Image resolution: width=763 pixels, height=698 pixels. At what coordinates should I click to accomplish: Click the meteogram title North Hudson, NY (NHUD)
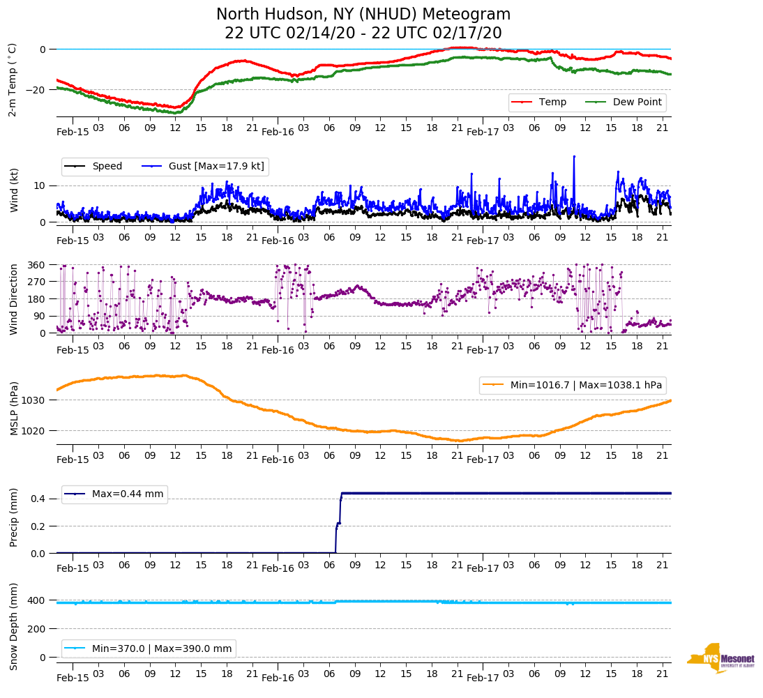coord(363,15)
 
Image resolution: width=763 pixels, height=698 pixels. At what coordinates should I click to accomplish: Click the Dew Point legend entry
coord(637,103)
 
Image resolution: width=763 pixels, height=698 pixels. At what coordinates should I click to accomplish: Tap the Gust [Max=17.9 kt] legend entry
coord(216,167)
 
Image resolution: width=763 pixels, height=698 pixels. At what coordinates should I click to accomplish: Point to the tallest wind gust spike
coord(574,156)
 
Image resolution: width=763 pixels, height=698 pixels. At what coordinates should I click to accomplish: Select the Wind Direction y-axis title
coord(13,298)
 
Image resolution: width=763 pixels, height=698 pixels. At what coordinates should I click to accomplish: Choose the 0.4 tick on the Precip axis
coord(38,499)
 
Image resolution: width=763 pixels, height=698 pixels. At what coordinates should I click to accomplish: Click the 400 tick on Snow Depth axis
coord(38,600)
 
